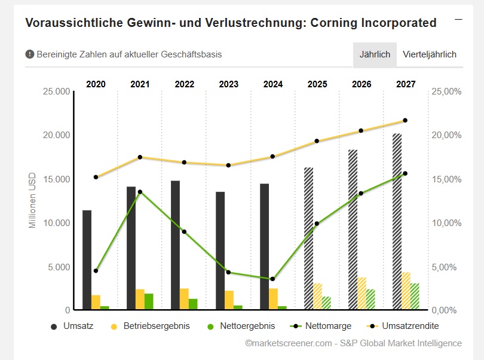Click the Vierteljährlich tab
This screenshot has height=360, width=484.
click(x=430, y=54)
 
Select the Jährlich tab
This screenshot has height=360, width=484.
click(x=375, y=54)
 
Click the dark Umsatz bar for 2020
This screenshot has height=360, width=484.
click(x=87, y=260)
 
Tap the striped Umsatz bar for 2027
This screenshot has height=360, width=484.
click(x=397, y=221)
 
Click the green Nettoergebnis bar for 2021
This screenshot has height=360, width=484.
click(x=149, y=301)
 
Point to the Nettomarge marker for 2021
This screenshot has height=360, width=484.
click(x=140, y=192)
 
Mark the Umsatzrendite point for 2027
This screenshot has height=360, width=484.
click(x=405, y=120)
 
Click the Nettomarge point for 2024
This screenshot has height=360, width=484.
click(x=273, y=279)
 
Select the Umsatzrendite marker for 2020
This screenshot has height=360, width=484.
click(x=96, y=177)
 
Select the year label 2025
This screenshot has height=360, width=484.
click(x=317, y=84)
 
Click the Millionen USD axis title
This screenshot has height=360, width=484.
click(x=32, y=201)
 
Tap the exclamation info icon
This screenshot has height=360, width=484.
click(x=30, y=54)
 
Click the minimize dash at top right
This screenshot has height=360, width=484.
click(x=458, y=20)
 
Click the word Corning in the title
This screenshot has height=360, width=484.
click(x=336, y=23)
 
